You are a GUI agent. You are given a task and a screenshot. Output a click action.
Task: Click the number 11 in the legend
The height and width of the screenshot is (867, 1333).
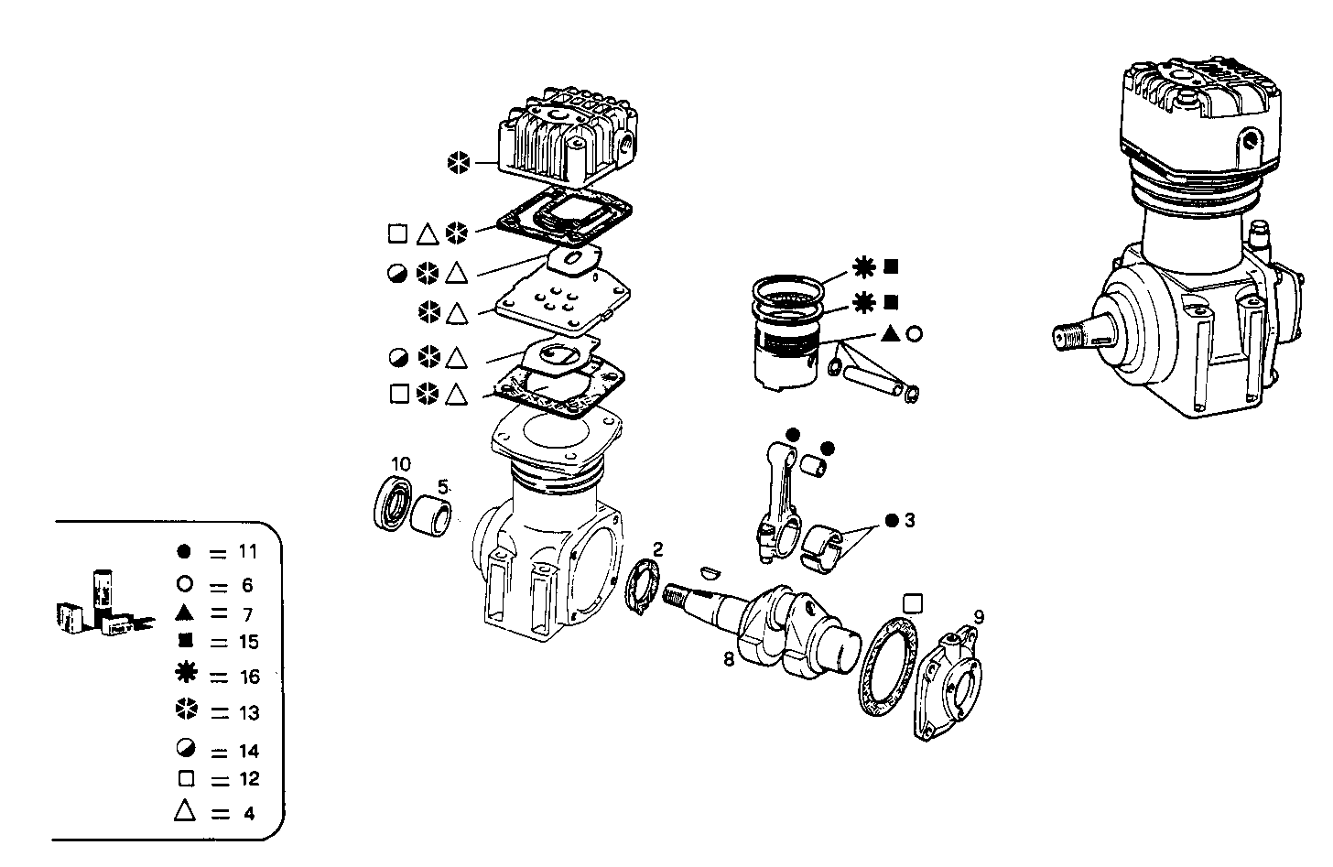247,552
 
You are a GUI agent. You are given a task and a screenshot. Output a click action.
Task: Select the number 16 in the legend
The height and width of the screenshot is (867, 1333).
249,677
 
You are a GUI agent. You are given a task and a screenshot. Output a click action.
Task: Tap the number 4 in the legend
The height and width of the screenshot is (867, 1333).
249,813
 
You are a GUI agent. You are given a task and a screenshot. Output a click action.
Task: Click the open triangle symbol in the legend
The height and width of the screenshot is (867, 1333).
185,811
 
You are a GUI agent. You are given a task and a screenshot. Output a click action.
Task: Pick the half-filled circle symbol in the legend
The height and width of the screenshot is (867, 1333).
185,749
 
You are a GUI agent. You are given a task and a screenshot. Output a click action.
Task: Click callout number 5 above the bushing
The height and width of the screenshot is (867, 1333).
442,486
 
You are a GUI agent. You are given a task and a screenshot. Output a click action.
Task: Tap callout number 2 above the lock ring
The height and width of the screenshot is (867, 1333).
656,548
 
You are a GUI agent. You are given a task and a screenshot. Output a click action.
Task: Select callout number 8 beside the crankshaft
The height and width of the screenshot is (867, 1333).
729,658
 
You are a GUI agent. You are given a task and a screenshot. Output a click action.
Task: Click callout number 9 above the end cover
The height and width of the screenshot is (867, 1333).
979,617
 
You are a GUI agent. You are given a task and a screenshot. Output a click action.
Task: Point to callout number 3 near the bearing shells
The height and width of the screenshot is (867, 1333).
909,520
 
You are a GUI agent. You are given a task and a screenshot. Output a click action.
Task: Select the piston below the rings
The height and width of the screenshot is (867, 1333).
786,362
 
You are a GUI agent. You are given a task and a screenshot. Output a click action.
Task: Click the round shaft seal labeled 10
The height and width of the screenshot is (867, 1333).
395,504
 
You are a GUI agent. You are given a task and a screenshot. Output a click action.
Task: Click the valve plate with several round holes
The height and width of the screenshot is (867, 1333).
561,302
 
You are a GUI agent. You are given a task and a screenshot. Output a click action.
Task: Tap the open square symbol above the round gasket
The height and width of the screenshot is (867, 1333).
911,601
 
